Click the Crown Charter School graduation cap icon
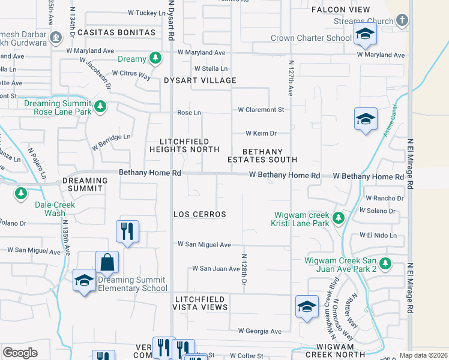coord(364,35)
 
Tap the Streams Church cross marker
coord(402,21)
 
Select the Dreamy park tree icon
coord(155,58)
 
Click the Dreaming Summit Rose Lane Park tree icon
coord(100,107)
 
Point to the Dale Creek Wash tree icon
coord(21,193)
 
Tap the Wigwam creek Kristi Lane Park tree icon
coord(339,218)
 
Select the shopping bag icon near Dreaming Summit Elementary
coord(107,262)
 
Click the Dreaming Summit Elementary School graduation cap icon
coord(84,280)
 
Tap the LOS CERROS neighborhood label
coord(199,214)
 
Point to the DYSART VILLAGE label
coord(200,80)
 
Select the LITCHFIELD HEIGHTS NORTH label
coord(184,145)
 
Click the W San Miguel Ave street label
coord(204,245)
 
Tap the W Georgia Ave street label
coord(259,331)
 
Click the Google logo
coord(20,353)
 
